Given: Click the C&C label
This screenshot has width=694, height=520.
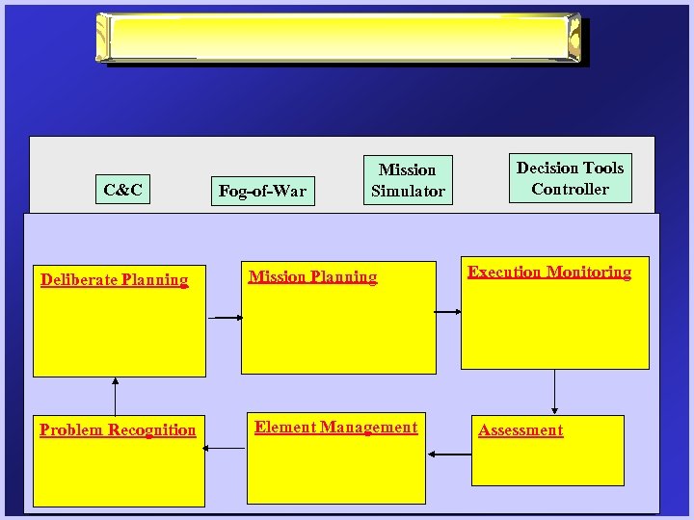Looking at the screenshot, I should pos(122,191).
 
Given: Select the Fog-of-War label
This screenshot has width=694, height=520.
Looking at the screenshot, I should pos(262,191).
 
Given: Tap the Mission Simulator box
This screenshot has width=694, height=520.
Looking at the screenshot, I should pos(408,180).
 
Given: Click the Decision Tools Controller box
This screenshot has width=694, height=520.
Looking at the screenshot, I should pos(570,178).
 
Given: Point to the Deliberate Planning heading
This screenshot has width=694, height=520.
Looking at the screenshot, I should pos(114,280).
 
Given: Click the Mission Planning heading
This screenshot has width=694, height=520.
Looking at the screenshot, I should pos(312,277).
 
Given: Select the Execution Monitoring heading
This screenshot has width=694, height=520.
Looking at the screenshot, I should pos(549,273).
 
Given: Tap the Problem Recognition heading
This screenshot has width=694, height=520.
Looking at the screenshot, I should pos(118,430).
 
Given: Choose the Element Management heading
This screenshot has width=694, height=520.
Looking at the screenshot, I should pos(335,428).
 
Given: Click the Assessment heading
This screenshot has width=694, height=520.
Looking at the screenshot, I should pos(520,430).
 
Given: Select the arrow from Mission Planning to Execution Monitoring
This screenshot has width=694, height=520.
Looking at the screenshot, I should pos(446,311).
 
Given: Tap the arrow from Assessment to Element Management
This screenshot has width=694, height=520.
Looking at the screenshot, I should pos(448,453).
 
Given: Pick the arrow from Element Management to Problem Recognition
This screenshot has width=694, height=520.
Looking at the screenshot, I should pos(227,447).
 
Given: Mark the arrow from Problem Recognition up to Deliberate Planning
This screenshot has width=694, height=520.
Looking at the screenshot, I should pos(116,396).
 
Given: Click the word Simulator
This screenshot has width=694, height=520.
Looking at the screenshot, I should pos(408,191).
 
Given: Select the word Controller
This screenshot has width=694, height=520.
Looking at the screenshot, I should pos(570,189).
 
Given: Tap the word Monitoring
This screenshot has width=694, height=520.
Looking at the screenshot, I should pos(590,273).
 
